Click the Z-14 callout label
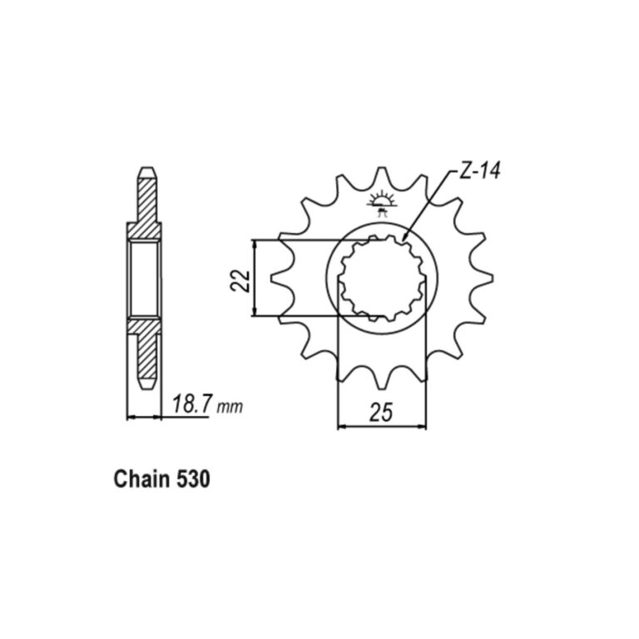tap(479, 171)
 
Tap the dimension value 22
tap(240, 280)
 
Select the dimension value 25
tap(381, 412)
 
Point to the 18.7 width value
tap(191, 404)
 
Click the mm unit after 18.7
tap(230, 407)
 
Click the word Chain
tap(141, 479)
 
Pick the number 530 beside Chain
tap(193, 479)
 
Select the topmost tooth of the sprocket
tap(382, 176)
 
